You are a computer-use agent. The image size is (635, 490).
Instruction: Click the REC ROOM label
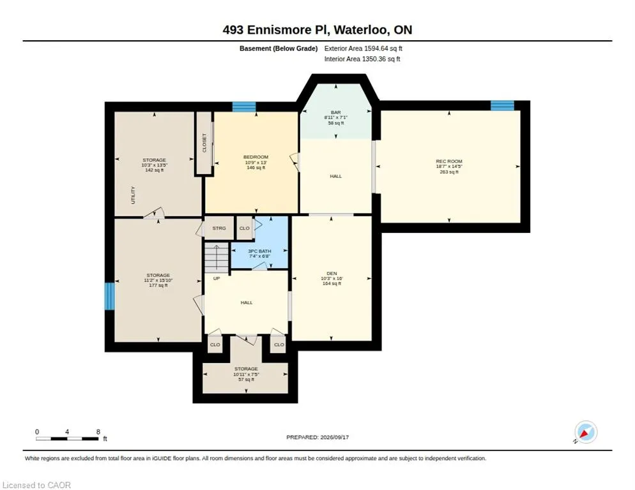point(448,161)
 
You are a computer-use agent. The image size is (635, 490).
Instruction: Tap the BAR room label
point(336,112)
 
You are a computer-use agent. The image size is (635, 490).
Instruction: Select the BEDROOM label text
point(256,157)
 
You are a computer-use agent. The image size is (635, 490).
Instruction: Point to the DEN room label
point(332,274)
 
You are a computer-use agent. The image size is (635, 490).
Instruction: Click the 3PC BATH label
point(259,251)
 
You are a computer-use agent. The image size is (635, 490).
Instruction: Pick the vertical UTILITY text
point(134,195)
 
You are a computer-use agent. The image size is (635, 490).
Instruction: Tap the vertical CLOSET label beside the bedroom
point(204,143)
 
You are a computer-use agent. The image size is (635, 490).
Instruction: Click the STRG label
point(219,228)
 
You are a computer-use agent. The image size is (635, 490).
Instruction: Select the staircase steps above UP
point(217,258)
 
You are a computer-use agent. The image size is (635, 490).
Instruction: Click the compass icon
point(586,432)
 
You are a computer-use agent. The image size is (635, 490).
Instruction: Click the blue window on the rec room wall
point(502,105)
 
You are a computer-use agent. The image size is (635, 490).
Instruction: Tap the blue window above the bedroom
point(244,107)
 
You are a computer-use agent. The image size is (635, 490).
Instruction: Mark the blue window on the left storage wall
point(110,296)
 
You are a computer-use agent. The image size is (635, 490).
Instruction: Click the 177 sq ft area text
point(158,285)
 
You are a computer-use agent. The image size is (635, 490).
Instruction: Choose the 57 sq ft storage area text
point(246,380)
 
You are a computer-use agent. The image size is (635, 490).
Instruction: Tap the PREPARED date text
point(317,438)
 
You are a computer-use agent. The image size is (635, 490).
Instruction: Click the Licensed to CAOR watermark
point(37,485)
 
